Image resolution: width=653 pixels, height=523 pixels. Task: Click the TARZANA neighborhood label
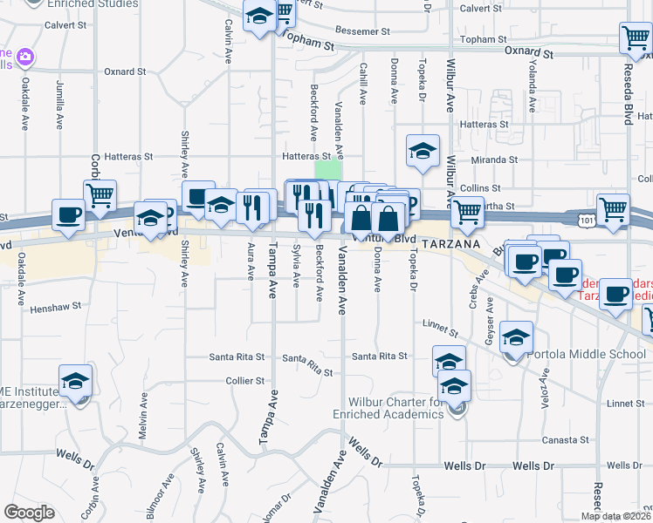tap(452, 245)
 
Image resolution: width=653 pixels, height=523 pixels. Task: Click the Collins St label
tap(481, 188)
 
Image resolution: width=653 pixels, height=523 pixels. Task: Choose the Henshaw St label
tap(55, 307)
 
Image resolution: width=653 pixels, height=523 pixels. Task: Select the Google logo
tap(29, 513)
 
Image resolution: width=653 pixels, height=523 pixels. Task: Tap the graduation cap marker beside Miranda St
tap(423, 150)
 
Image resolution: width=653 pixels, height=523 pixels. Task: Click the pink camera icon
tap(25, 58)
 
